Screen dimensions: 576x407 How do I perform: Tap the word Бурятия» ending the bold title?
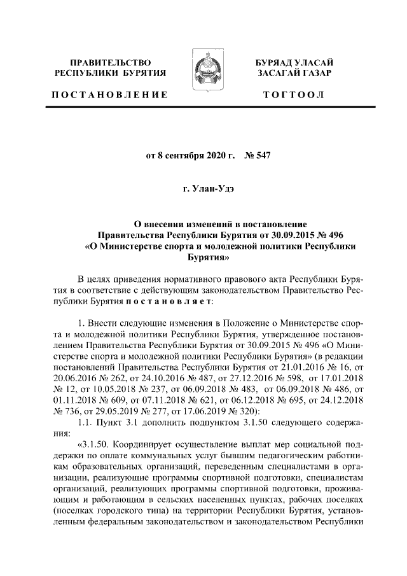pyautogui.click(x=202, y=258)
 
